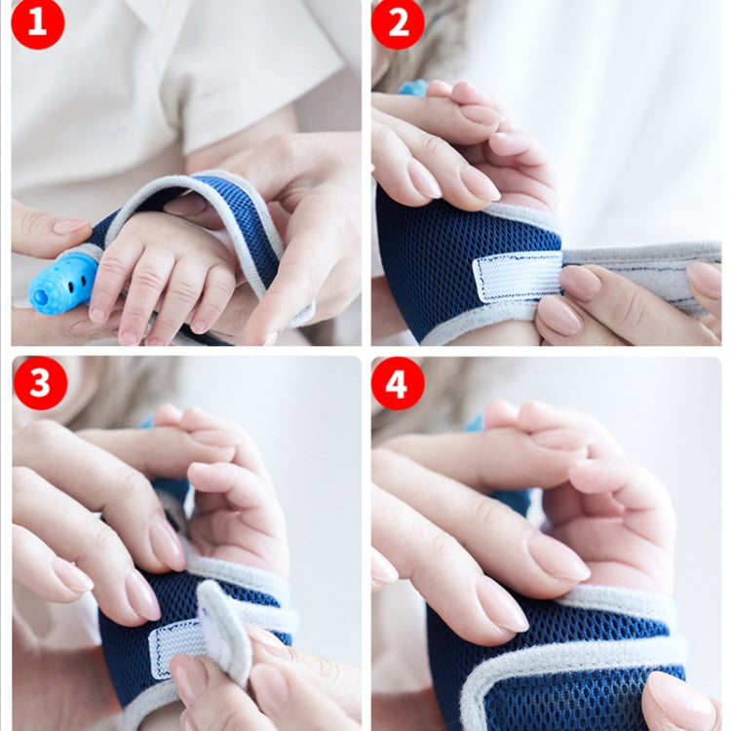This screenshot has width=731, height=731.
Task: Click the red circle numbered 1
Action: tap(37, 23)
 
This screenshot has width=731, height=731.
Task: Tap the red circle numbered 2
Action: tap(398, 23)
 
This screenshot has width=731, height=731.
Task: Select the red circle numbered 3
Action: tap(40, 383)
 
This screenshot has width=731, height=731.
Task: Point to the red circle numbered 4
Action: tap(398, 383)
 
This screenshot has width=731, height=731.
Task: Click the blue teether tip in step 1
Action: tap(62, 284)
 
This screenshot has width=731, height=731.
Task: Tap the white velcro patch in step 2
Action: tap(517, 277)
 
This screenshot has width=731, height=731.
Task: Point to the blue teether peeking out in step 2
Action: tap(413, 88)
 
